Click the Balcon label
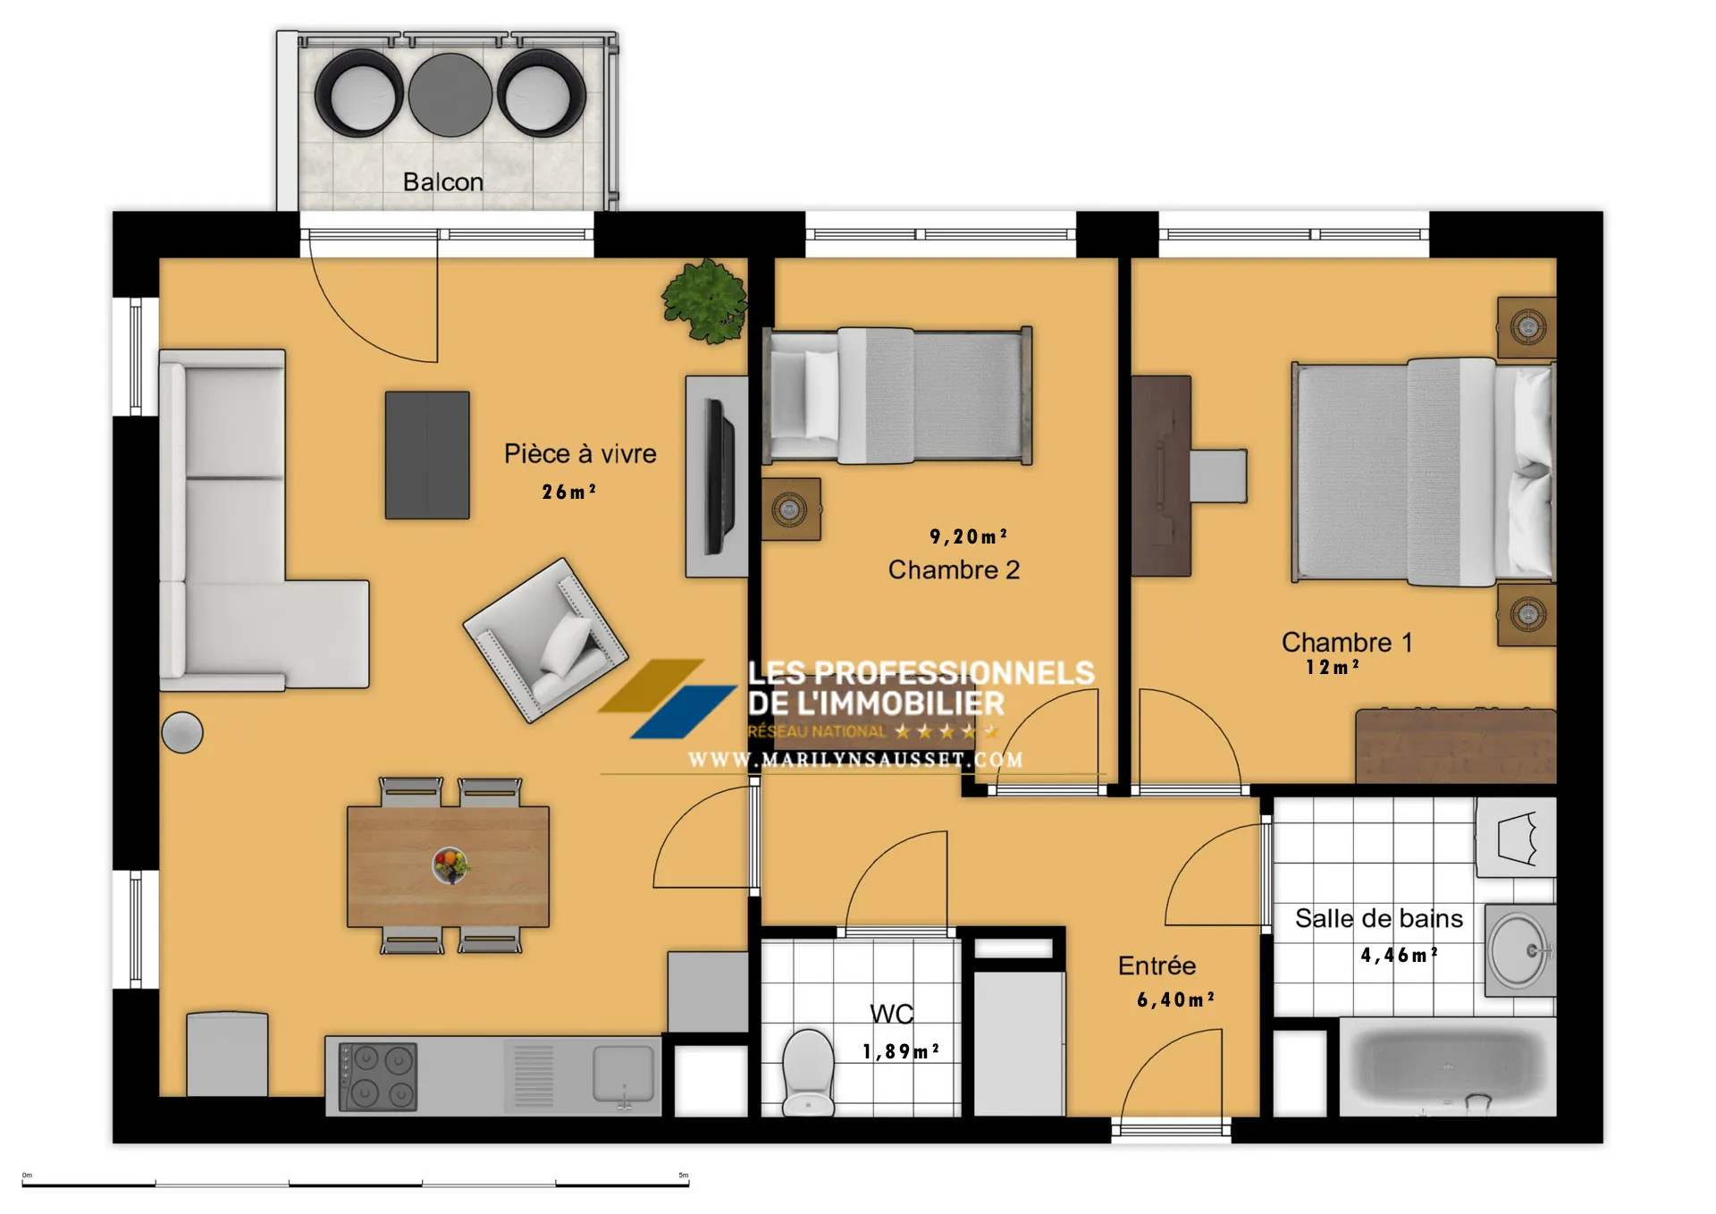click(x=442, y=181)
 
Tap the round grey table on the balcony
click(x=450, y=95)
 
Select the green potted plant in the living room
click(x=705, y=300)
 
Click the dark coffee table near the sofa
click(x=427, y=454)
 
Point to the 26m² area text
click(x=568, y=492)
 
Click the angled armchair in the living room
click(x=545, y=640)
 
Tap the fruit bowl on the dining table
click(x=450, y=864)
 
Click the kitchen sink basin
click(x=623, y=1072)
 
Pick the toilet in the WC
click(x=808, y=1072)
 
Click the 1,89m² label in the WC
click(x=900, y=1051)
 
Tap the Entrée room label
click(x=1157, y=965)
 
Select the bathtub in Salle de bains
click(x=1447, y=1066)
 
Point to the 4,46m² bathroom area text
click(x=1399, y=955)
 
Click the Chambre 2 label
click(x=954, y=569)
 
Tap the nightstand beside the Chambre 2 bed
click(x=790, y=510)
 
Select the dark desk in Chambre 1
click(x=1161, y=476)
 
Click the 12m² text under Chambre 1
click(x=1332, y=667)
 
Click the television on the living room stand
click(x=720, y=476)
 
